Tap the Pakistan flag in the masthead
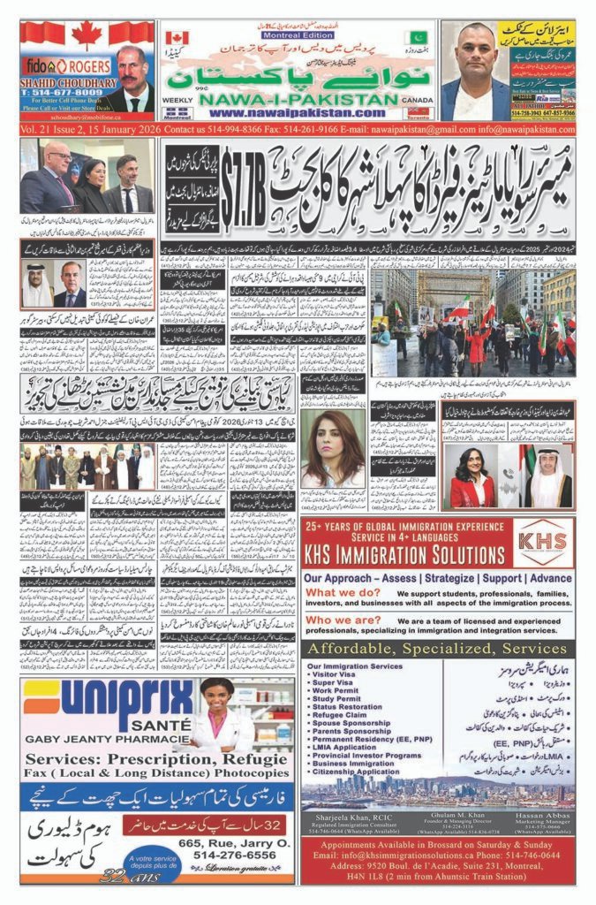pos(418,38)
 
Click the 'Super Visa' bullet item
pos(332,682)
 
